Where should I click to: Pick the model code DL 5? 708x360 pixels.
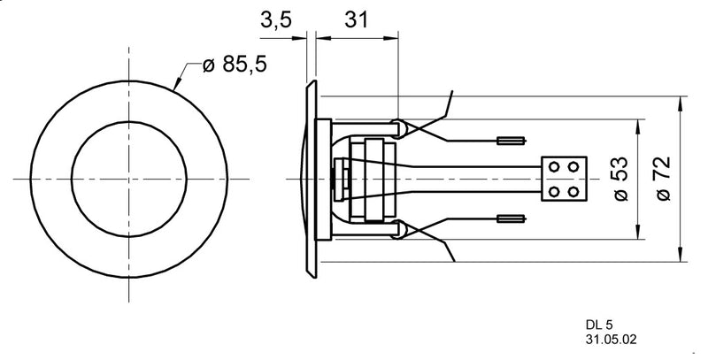tap(599, 325)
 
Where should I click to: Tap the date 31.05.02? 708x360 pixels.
tap(611, 339)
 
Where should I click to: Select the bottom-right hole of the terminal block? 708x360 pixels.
tap(573, 191)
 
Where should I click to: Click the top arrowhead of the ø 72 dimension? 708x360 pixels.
tap(678, 100)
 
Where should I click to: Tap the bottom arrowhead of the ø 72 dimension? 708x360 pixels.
tap(678, 257)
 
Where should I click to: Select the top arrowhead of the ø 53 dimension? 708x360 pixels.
tap(635, 122)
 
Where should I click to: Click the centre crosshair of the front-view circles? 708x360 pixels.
tap(129, 179)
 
